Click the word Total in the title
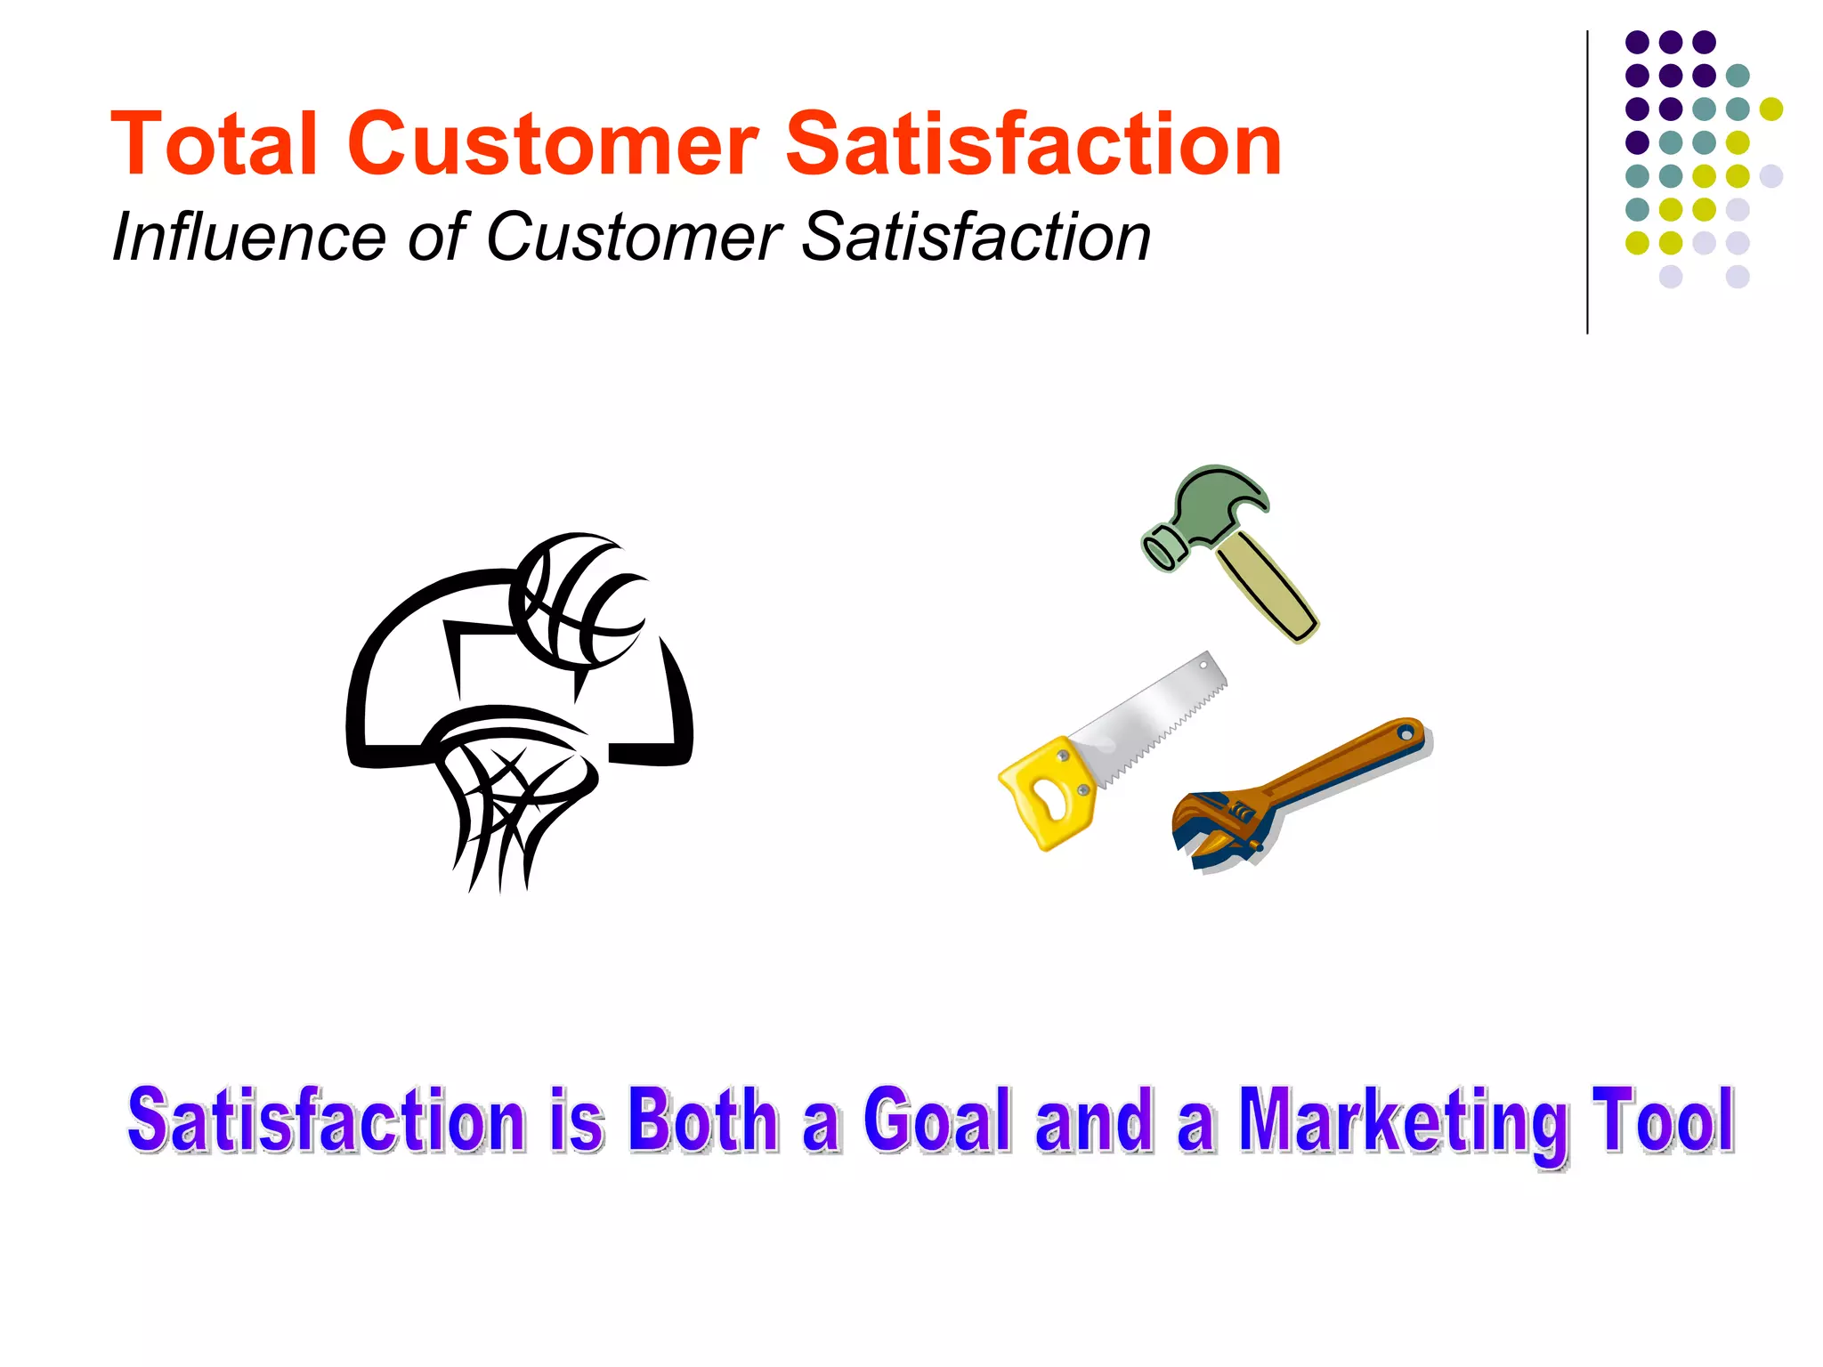(x=214, y=144)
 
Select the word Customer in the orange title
(x=553, y=144)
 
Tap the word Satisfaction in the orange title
(x=1033, y=144)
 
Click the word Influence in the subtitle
(x=248, y=238)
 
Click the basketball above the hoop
(x=579, y=603)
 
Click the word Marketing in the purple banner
(x=1403, y=1120)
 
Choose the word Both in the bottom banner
(x=703, y=1120)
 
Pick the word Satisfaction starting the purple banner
(x=326, y=1120)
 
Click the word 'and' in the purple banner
(x=1095, y=1120)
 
